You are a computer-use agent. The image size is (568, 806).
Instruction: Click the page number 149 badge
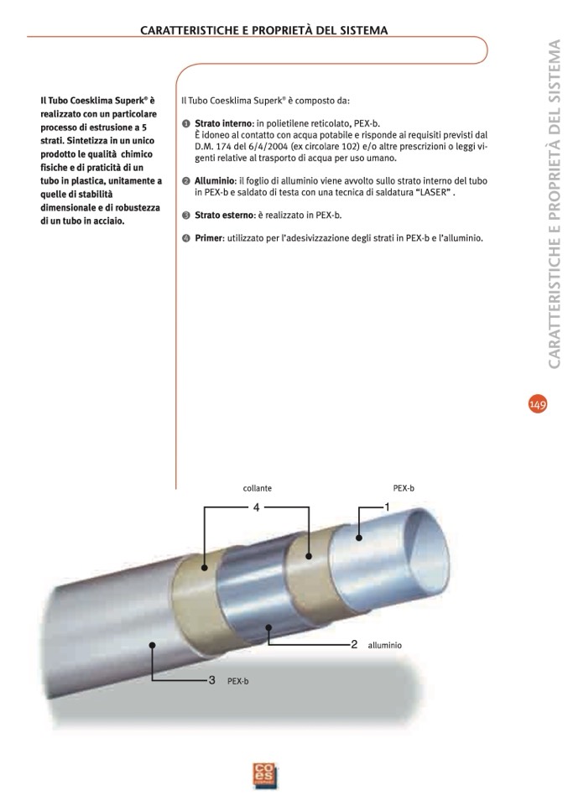tap(538, 404)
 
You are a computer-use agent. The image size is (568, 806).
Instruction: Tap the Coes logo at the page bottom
tap(265, 775)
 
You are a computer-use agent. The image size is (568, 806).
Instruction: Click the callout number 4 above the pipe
tap(257, 507)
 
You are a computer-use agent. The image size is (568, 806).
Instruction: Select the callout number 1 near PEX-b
tap(387, 507)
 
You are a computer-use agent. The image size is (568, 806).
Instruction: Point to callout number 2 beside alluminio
tap(354, 644)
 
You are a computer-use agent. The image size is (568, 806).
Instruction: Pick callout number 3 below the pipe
tap(211, 680)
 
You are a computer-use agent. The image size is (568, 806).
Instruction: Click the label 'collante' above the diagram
tap(257, 488)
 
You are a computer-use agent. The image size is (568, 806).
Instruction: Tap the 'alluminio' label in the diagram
tap(384, 645)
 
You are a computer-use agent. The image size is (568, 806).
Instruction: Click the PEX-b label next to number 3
tap(238, 681)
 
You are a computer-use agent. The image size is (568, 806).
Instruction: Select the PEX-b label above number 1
tap(404, 488)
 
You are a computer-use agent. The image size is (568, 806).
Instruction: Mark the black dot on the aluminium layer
tap(268, 627)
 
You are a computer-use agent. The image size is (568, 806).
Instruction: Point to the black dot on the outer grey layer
tap(152, 645)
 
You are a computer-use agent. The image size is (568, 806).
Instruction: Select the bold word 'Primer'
tap(209, 238)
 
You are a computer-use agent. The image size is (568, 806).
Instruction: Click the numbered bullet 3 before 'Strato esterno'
tap(186, 216)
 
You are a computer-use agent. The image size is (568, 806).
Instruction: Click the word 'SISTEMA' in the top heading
tap(364, 30)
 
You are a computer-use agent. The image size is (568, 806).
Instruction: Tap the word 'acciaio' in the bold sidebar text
tap(108, 221)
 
